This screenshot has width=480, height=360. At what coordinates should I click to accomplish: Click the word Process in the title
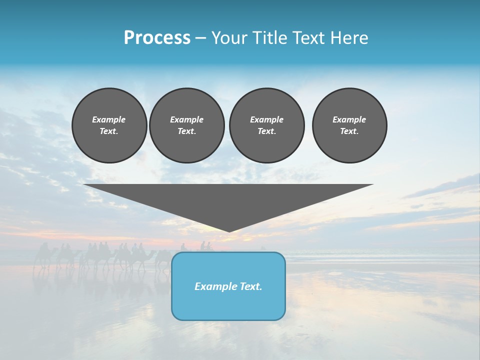pos(157,37)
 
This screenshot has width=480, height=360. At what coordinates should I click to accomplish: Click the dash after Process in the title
pos(200,38)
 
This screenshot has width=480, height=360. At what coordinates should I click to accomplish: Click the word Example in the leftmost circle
pos(109,119)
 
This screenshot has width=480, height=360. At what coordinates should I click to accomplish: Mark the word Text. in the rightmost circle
pos(349,131)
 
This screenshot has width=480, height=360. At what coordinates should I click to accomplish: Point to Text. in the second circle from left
pos(186,131)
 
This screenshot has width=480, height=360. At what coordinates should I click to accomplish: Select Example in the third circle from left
pos(266,119)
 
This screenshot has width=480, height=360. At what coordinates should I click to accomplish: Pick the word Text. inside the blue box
pos(251,286)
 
